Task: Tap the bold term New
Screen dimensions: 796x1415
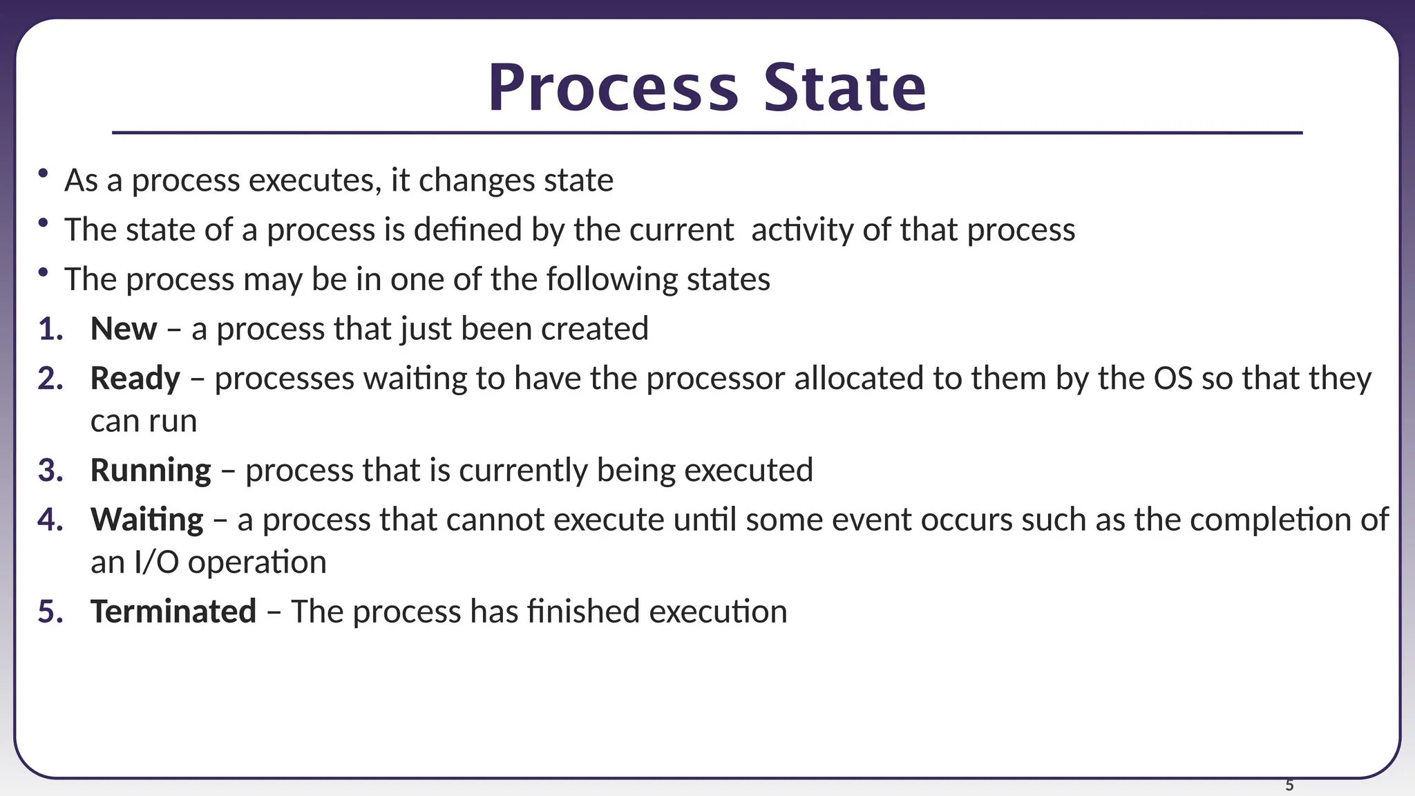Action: click(124, 329)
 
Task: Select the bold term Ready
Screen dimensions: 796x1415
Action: click(135, 379)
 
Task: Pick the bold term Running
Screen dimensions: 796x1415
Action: click(151, 471)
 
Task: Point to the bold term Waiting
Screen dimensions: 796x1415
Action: click(146, 520)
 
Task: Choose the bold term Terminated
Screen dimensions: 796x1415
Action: click(173, 612)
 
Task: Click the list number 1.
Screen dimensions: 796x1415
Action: click(50, 329)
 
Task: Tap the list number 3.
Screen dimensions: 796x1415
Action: click(50, 471)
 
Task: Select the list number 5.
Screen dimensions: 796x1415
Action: click(50, 612)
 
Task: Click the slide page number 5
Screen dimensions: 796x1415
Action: click(1289, 786)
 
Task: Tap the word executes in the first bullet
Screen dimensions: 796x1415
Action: click(314, 180)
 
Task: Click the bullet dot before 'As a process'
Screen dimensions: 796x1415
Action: click(44, 173)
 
